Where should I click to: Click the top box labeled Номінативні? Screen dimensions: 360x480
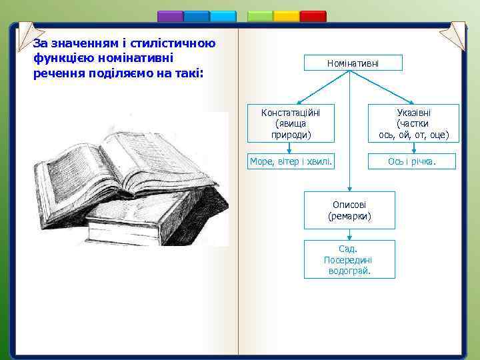click(x=353, y=63)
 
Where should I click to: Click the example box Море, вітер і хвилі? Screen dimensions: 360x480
click(x=290, y=161)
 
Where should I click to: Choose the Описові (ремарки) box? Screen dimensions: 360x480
click(x=349, y=210)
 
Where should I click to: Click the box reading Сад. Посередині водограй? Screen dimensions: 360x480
click(x=349, y=259)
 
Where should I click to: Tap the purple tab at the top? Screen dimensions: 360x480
click(x=170, y=16)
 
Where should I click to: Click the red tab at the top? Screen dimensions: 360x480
click(x=313, y=16)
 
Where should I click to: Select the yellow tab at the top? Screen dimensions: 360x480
click(x=287, y=16)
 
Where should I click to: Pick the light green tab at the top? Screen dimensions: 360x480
click(x=260, y=16)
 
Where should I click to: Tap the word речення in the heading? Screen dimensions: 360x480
click(x=54, y=72)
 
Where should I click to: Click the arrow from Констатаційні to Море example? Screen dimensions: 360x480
click(x=290, y=148)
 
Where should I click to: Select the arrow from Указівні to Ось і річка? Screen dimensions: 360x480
click(x=413, y=148)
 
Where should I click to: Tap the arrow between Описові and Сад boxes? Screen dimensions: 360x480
click(x=349, y=235)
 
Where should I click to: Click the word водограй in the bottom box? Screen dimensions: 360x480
click(x=349, y=271)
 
